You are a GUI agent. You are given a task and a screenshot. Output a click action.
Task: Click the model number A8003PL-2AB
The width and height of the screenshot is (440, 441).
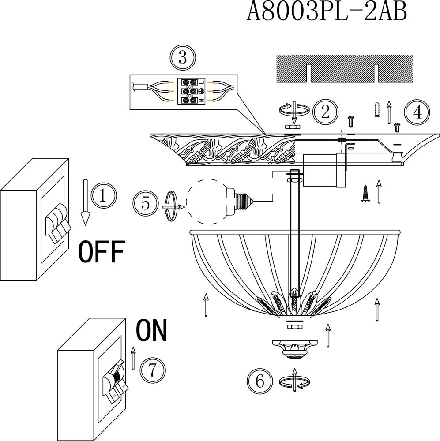[x=327, y=12]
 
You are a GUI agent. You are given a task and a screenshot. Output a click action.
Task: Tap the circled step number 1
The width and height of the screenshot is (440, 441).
[x=103, y=194]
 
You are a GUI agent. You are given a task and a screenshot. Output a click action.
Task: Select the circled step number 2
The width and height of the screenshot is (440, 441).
[x=325, y=112]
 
